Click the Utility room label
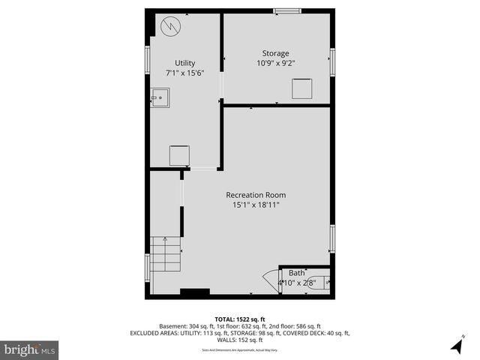[185, 63]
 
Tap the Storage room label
[275, 53]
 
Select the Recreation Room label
[256, 195]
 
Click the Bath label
[297, 273]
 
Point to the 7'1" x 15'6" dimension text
[185, 73]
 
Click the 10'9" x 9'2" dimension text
[275, 64]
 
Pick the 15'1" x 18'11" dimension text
[256, 205]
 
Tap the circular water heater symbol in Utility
[172, 26]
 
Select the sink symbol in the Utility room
[159, 97]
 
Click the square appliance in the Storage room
[301, 87]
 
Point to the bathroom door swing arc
[270, 283]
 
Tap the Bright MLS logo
[29, 349]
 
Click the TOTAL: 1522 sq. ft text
[240, 319]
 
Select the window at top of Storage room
[286, 10]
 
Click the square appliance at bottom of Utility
[179, 155]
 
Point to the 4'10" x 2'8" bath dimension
[298, 283]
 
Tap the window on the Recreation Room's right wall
[332, 238]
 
